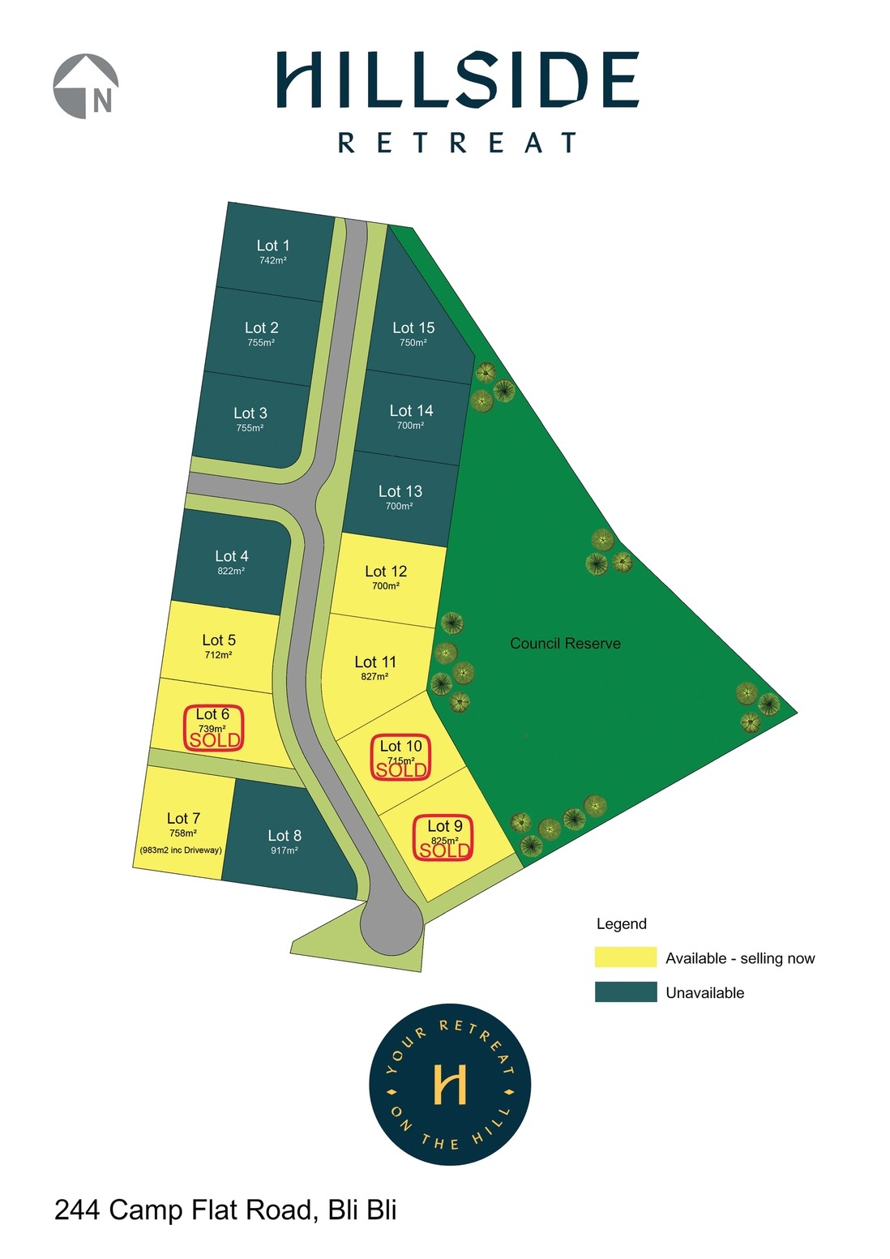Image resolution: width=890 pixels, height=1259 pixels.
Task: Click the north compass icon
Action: [86, 87]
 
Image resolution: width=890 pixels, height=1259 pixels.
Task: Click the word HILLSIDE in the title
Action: [457, 80]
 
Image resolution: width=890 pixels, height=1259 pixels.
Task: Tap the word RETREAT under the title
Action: [457, 143]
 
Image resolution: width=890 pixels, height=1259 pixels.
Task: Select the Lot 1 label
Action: [272, 246]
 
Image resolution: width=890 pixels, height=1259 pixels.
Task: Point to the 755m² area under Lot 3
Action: [250, 428]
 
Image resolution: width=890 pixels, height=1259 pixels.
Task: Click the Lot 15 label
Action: [413, 328]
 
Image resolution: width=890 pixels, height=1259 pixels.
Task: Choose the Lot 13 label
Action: [400, 491]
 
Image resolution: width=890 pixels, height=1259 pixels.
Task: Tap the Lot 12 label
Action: [386, 572]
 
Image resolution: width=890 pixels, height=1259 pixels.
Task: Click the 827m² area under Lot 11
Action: [374, 677]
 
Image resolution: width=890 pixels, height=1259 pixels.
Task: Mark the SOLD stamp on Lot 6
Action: [215, 740]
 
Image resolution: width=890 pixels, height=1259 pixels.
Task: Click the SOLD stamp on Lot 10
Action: [401, 770]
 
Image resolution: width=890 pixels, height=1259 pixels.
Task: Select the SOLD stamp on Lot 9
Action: [444, 850]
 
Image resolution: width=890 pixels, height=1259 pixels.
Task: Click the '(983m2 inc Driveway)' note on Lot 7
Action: [181, 850]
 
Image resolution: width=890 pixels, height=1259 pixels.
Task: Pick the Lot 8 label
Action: [285, 836]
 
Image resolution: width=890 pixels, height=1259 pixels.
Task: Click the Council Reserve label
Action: [565, 644]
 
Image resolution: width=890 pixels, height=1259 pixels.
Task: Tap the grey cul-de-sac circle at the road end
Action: [392, 927]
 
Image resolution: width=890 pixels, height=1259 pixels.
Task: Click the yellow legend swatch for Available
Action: [625, 957]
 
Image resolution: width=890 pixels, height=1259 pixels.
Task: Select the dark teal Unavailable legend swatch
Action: [625, 992]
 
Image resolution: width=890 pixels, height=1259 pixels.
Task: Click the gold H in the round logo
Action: [450, 1085]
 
